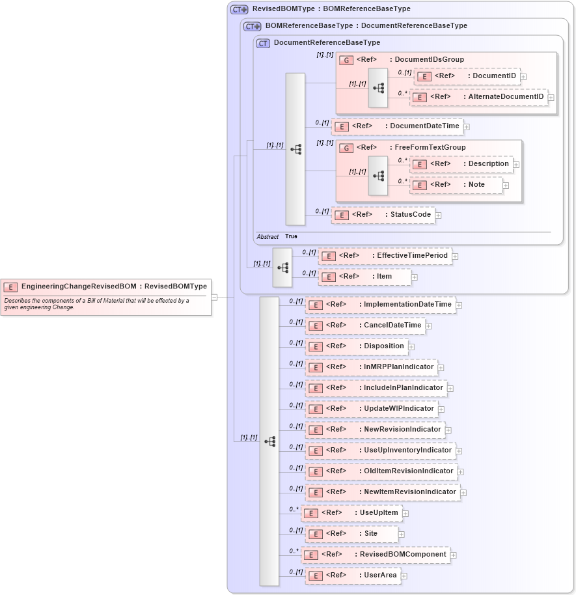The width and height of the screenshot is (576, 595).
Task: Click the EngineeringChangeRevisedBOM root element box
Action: [x=106, y=286]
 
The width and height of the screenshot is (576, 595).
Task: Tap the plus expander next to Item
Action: [x=415, y=277]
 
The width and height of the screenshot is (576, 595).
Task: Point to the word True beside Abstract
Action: [x=291, y=237]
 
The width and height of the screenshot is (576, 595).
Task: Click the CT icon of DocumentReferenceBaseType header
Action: [x=263, y=43]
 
